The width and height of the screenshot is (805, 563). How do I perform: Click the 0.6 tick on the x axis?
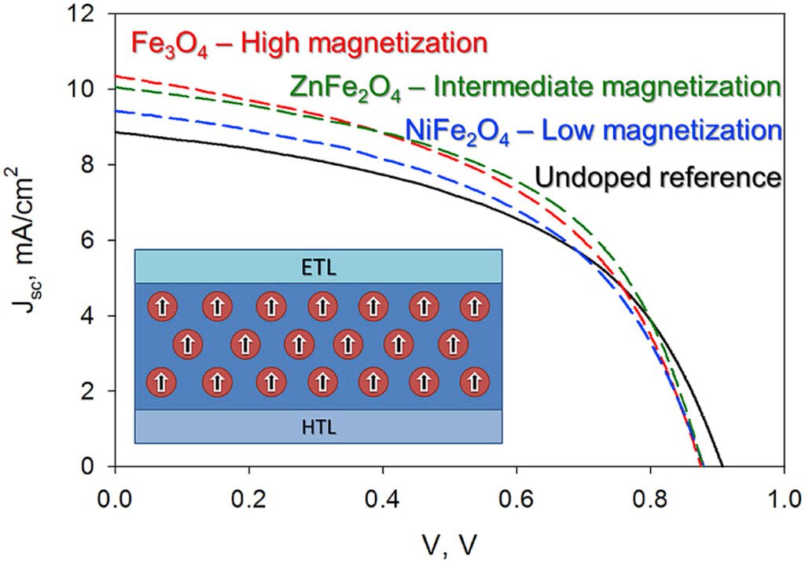pyautogui.click(x=516, y=499)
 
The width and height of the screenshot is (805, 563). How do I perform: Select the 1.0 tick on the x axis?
pyautogui.click(x=784, y=499)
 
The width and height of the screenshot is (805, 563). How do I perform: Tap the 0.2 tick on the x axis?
pyautogui.click(x=249, y=499)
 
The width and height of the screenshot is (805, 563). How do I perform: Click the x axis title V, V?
pyautogui.click(x=451, y=543)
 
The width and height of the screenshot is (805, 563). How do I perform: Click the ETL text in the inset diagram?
pyautogui.click(x=318, y=267)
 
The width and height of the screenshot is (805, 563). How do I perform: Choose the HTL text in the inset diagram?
pyautogui.click(x=318, y=426)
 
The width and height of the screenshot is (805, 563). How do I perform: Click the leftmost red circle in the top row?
pyautogui.click(x=160, y=305)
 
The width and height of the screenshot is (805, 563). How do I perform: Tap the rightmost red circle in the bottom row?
pyautogui.click(x=474, y=382)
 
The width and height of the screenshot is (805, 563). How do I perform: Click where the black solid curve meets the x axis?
pyautogui.click(x=722, y=466)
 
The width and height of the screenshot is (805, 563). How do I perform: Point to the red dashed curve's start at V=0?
pyautogui.click(x=116, y=76)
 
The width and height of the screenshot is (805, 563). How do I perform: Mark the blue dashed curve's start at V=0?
pyautogui.click(x=116, y=112)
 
